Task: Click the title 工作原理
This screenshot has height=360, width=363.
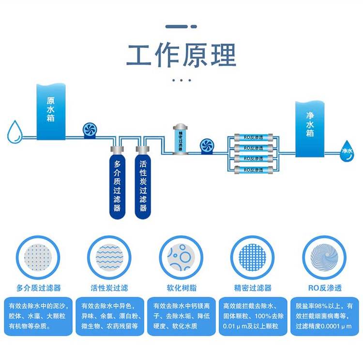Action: coord(181,55)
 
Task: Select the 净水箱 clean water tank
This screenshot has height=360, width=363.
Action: coord(310,128)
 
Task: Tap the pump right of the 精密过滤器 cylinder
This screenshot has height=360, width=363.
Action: coord(207,145)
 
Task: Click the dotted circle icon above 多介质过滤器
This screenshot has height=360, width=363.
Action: coord(38,258)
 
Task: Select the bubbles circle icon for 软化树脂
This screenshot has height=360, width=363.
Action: coord(181,258)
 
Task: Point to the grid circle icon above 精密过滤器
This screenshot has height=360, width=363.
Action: coord(252,258)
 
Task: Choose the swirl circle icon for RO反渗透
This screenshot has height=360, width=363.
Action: coord(325,258)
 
